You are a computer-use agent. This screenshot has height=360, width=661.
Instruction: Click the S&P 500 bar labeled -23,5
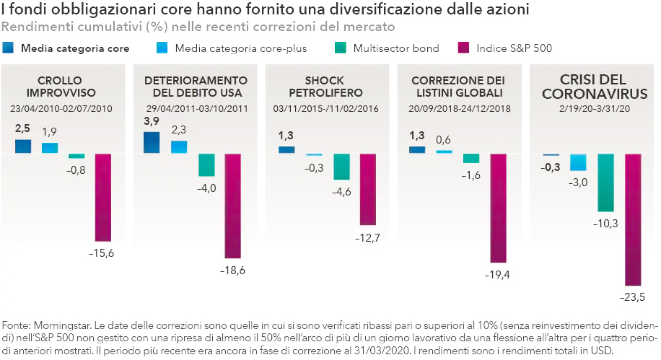pyautogui.click(x=633, y=220)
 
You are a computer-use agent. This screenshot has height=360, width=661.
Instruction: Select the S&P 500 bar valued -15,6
pyautogui.click(x=104, y=197)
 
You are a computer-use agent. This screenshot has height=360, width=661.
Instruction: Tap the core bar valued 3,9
pyautogui.click(x=152, y=142)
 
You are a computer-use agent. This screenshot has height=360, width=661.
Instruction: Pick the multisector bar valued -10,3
pyautogui.click(x=606, y=183)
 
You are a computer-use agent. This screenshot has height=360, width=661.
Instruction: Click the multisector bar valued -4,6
pyautogui.click(x=341, y=167)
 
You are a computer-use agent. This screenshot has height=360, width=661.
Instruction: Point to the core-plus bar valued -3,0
pyautogui.click(x=579, y=162)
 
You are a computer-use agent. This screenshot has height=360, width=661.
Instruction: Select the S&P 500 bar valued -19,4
pyautogui.click(x=499, y=208)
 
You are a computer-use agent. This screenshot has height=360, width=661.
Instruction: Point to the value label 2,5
pyautogui.click(x=23, y=128)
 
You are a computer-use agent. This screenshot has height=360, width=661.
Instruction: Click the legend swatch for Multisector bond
pyautogui.click(x=340, y=48)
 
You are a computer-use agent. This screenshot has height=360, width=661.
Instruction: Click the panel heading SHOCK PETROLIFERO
pyautogui.click(x=317, y=87)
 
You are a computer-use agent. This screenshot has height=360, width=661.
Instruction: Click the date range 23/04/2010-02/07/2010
pyautogui.click(x=61, y=108)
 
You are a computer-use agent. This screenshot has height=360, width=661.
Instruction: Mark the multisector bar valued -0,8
pyautogui.click(x=76, y=156)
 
